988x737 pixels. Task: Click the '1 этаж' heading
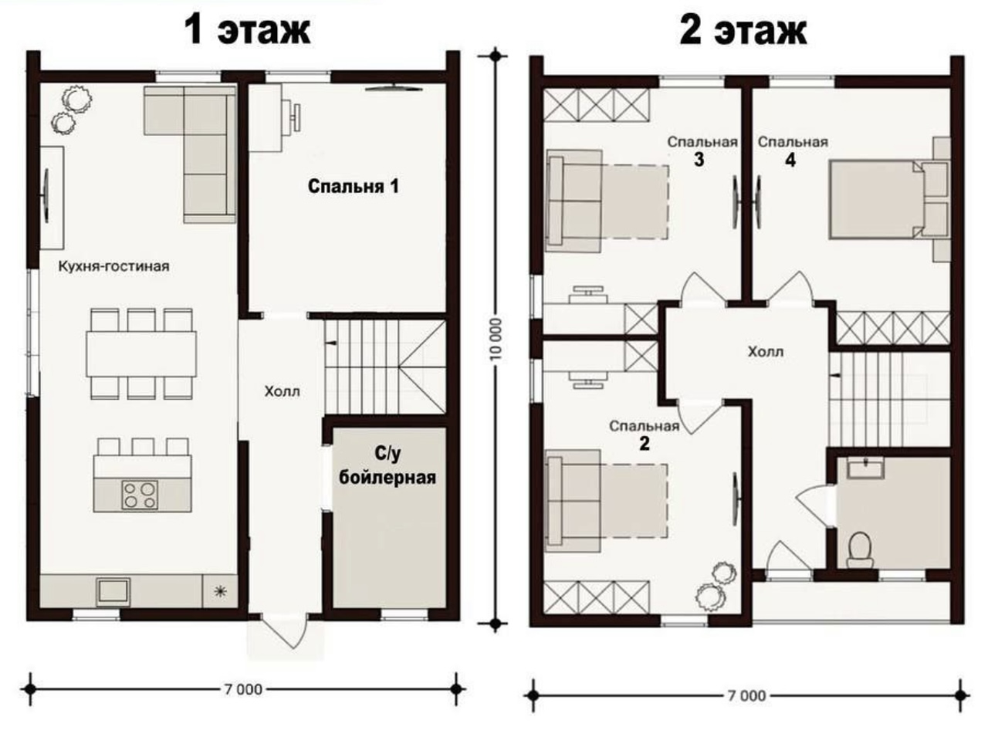point(247,30)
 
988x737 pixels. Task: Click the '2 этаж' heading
point(743,30)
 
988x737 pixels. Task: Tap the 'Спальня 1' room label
point(354,186)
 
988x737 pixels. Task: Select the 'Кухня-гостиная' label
point(114,266)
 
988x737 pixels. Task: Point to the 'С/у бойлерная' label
point(387,465)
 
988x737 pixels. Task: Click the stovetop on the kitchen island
point(140,495)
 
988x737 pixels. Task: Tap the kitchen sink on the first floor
point(113,591)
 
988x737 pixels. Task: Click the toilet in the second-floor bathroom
point(860,549)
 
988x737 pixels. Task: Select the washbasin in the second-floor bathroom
point(865,468)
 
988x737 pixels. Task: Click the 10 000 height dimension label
point(495,339)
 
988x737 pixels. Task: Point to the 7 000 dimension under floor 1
point(243,689)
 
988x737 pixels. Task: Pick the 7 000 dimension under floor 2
point(746,695)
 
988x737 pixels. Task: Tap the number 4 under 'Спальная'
point(790,160)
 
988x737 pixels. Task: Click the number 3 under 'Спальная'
point(699,160)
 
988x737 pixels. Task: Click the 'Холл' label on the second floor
point(765,351)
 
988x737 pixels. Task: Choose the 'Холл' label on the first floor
point(283,391)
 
